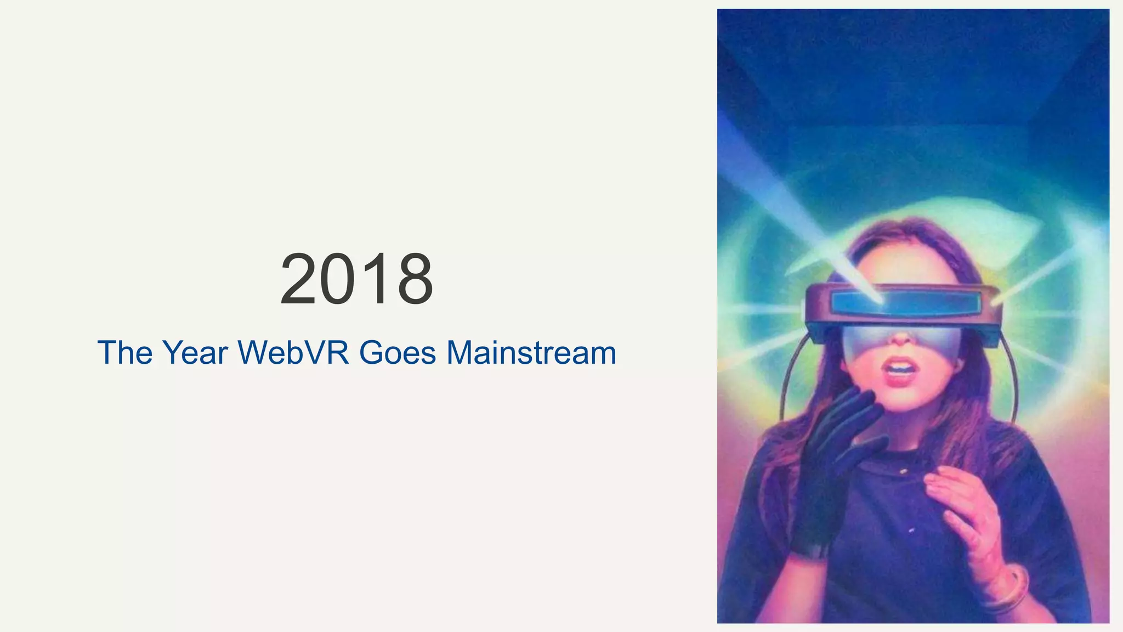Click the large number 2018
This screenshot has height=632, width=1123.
[356, 279]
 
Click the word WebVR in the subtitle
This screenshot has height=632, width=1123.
[293, 353]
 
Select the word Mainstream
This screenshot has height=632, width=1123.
[531, 353]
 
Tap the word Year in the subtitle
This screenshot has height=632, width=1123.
[194, 353]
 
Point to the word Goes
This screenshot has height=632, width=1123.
[398, 353]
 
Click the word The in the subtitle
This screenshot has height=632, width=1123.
[125, 353]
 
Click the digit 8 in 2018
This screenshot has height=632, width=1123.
[415, 279]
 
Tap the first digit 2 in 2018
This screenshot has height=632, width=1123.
[299, 279]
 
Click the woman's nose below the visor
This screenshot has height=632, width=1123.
[900, 337]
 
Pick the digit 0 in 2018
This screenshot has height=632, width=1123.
[339, 279]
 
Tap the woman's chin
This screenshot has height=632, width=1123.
[905, 398]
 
